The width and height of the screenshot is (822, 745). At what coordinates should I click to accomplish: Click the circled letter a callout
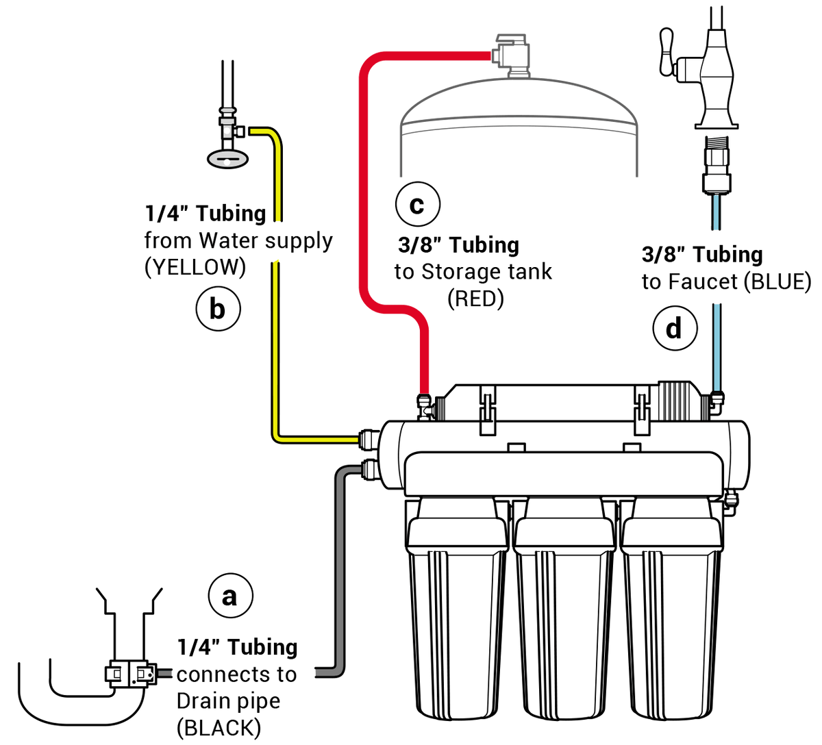pos(230,596)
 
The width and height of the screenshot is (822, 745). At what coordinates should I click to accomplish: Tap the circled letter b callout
pos(218,309)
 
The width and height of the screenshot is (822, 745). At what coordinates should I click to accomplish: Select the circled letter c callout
pos(418,203)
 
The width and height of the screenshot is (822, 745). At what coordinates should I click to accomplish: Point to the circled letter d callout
pos(675,328)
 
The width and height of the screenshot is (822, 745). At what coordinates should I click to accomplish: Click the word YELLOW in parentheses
pos(195,267)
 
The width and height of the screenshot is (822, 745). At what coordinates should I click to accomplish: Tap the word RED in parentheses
pos(475,299)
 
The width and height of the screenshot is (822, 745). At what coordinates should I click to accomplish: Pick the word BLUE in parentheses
pos(777,282)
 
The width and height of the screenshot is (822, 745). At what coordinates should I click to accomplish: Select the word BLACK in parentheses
pos(219,728)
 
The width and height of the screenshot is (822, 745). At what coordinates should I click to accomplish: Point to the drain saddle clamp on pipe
pos(131,673)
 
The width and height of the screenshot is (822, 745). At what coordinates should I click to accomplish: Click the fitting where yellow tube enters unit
pos(369,440)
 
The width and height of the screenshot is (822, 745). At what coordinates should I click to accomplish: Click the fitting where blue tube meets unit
pos(717,403)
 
